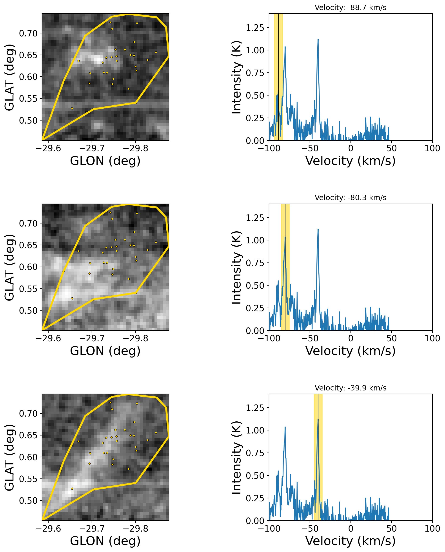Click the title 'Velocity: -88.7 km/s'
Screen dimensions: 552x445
pyautogui.click(x=351, y=8)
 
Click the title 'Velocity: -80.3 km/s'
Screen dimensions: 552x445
pyautogui.click(x=351, y=198)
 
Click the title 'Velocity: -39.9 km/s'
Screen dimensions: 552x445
pyautogui.click(x=351, y=388)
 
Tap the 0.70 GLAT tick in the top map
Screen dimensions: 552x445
pyautogui.click(x=28, y=33)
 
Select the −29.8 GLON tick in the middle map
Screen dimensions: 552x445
pyautogui.click(x=135, y=338)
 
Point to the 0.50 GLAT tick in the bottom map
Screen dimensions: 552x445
pyautogui.click(x=28, y=501)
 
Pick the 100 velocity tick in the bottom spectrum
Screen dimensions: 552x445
pyautogui.click(x=432, y=529)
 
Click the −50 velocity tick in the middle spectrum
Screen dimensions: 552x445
pyautogui.click(x=310, y=338)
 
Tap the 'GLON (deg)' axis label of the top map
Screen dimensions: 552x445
pyautogui.click(x=105, y=161)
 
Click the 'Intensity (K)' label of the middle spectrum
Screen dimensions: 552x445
pyautogui.click(x=236, y=268)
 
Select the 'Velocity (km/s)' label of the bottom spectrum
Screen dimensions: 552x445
pyautogui.click(x=351, y=541)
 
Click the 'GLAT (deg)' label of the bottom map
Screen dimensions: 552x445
pyautogui.click(x=9, y=458)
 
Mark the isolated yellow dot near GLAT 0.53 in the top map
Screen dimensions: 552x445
pyautogui.click(x=72, y=108)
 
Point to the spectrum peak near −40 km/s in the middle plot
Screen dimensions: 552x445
pyautogui.click(x=318, y=230)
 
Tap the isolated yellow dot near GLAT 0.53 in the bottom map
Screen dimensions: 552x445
pyautogui.click(x=72, y=489)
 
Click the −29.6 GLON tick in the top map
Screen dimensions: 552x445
pyautogui.click(x=48, y=148)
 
